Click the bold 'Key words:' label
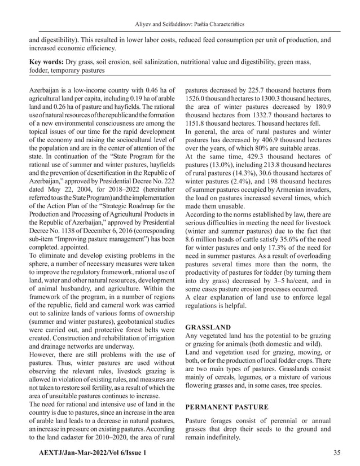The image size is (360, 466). pyautogui.click(x=47, y=60)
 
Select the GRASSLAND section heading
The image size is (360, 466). pyautogui.click(x=208, y=327)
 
